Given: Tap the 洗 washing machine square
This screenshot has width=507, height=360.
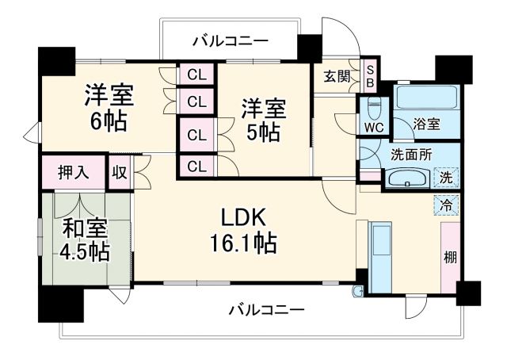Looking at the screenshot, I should [447, 178].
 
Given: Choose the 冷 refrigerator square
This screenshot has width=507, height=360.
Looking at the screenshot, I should [447, 204].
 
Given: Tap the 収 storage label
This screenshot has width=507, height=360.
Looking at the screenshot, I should [120, 172].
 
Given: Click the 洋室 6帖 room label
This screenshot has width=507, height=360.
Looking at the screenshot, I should [109, 109].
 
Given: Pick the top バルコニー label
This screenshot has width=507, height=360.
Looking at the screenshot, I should [231, 40].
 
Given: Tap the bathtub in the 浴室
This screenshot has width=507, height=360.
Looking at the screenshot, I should [426, 99].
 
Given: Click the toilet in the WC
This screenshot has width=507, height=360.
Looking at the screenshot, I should [373, 108].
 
